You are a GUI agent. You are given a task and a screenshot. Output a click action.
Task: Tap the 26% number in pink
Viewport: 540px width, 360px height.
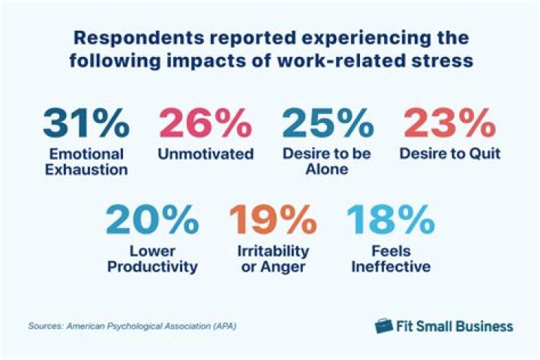pyautogui.click(x=205, y=122)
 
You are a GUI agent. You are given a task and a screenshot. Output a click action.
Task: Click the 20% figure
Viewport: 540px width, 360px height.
pyautogui.click(x=151, y=221)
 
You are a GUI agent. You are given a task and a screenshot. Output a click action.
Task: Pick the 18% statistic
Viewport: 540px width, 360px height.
pyautogui.click(x=389, y=221)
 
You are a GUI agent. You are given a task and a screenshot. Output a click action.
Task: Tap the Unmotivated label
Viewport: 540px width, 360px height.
pyautogui.click(x=205, y=154)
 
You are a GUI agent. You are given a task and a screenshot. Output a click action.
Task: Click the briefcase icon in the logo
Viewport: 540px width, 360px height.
pyautogui.click(x=384, y=325)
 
